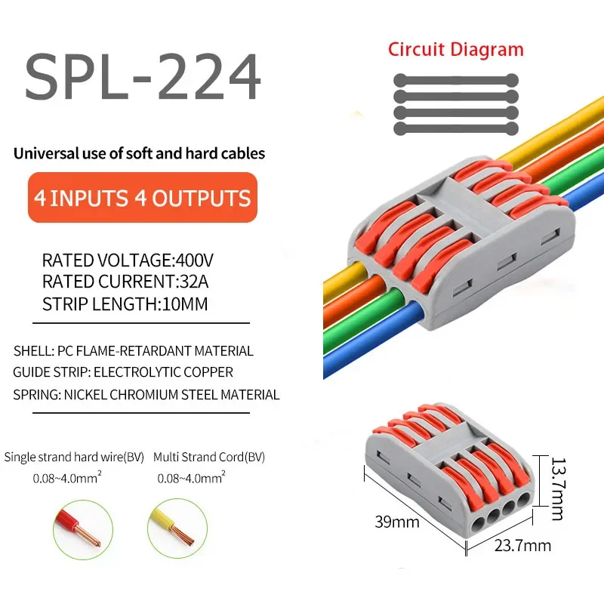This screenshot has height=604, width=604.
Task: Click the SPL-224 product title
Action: click(x=143, y=78)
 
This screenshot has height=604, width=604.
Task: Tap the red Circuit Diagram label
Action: click(x=455, y=50)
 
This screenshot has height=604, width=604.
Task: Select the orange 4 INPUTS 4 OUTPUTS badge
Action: click(x=143, y=198)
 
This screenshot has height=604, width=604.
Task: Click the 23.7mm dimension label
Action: click(x=522, y=545)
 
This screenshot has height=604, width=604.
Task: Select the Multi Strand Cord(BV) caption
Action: click(x=209, y=458)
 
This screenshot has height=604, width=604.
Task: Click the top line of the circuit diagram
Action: click(x=455, y=79)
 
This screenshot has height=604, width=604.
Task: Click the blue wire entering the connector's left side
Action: click(x=362, y=348)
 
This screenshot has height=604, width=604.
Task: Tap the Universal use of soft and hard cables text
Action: click(x=140, y=153)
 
